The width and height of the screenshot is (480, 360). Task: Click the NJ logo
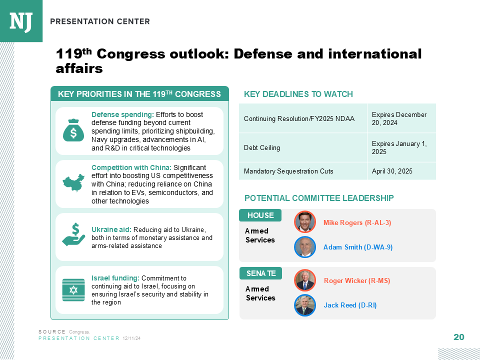pos(21,21)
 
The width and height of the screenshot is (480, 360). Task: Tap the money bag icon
pos(73,130)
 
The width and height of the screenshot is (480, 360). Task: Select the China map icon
pos(73,183)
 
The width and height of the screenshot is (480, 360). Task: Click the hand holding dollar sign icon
pos(73,235)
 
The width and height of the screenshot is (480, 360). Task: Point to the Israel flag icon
pos(73,290)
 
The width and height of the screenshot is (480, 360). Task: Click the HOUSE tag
pos(260,215)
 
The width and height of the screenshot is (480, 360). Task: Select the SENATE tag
pos(261,273)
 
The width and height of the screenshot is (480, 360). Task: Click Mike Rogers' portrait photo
pos(305,221)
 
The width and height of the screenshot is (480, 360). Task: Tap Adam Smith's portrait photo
pos(305,246)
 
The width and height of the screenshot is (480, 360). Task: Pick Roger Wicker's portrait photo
pos(305,280)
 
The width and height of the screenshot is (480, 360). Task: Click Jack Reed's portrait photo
pos(305,305)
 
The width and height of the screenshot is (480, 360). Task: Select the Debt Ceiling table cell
pos(303,147)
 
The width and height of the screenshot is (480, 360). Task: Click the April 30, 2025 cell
pos(401,171)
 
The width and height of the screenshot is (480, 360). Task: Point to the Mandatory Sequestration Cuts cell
pos(303,171)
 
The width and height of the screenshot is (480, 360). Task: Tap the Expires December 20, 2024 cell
pos(401,118)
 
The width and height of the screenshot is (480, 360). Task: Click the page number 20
pos(459,337)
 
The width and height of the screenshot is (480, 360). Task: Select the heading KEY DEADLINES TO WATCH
pos(298,94)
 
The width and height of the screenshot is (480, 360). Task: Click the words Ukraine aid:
pos(111,229)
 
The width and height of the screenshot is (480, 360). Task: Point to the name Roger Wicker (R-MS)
pos(357,280)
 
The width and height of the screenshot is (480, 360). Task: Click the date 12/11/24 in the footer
pos(131,338)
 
